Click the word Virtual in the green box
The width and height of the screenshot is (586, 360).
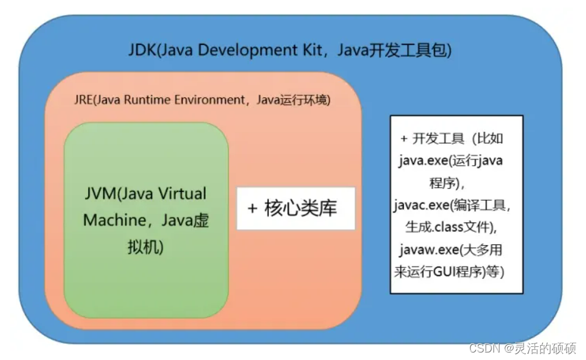181,194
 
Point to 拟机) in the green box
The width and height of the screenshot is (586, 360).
144,247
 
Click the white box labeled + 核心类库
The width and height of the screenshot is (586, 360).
295,208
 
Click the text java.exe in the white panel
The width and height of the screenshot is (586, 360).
420,161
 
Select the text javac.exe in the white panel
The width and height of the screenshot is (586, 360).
422,206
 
